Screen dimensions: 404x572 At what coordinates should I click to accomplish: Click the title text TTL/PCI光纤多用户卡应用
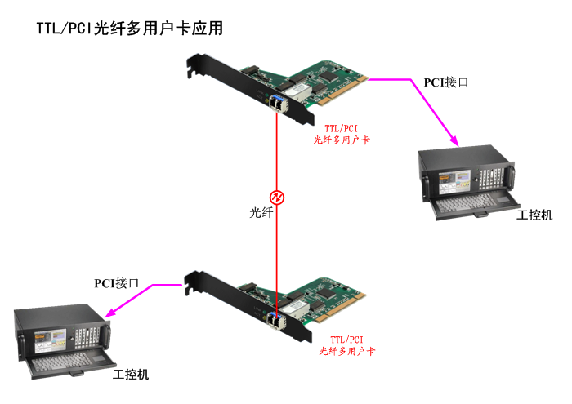pyautogui.click(x=129, y=29)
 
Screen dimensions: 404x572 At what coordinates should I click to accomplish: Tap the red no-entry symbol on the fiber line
pyautogui.click(x=277, y=197)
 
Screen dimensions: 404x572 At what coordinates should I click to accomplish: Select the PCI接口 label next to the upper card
pyautogui.click(x=445, y=82)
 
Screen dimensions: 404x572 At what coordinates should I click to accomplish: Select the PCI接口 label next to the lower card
pyautogui.click(x=116, y=283)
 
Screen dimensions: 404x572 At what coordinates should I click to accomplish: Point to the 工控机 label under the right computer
pyautogui.click(x=534, y=215)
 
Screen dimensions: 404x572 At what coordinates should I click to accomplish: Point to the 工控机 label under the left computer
pyautogui.click(x=131, y=374)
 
